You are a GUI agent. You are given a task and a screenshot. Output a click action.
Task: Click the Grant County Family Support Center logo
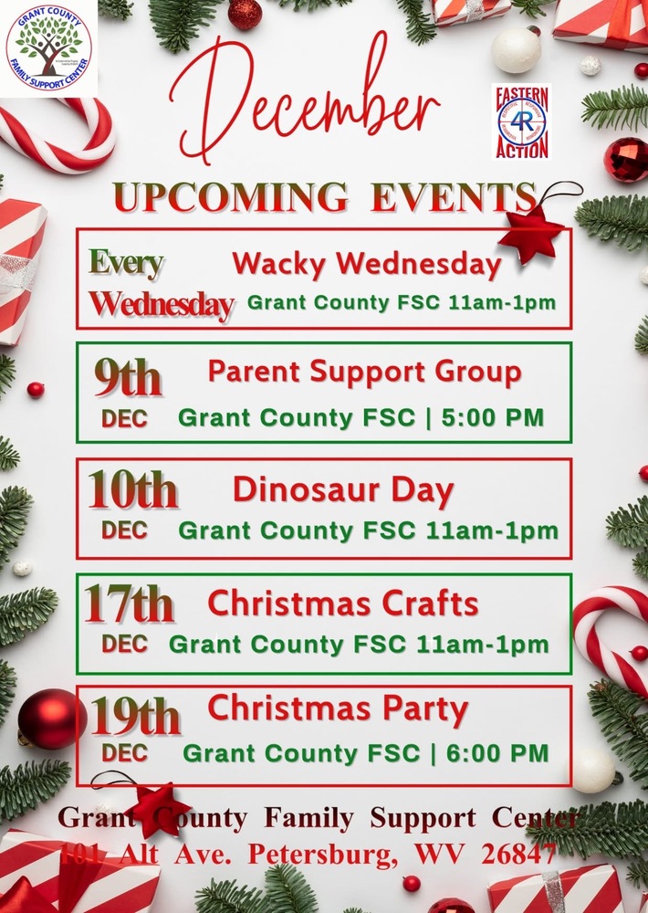(x=51, y=47)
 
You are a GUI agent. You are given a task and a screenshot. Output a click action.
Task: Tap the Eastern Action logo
(x=521, y=121)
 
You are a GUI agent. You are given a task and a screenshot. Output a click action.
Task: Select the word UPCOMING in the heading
(x=230, y=197)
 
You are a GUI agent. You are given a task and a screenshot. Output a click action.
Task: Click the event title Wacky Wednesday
(x=366, y=264)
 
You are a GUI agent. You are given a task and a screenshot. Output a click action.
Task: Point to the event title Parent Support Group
(x=364, y=372)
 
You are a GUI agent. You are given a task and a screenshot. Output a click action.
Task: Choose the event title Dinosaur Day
(x=343, y=490)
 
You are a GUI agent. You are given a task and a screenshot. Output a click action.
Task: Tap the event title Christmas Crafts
(x=343, y=603)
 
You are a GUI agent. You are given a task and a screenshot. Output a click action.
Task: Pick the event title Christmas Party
(x=338, y=708)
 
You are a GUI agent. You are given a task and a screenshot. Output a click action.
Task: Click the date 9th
(x=128, y=377)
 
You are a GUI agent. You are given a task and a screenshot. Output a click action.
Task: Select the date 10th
(x=132, y=491)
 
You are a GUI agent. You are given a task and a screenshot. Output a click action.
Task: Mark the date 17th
(x=129, y=604)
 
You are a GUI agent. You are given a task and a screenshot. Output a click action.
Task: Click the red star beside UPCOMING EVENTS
(x=531, y=233)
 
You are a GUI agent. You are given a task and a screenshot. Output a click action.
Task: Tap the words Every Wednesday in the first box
(x=160, y=284)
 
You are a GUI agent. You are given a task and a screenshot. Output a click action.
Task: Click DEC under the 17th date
(x=124, y=644)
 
